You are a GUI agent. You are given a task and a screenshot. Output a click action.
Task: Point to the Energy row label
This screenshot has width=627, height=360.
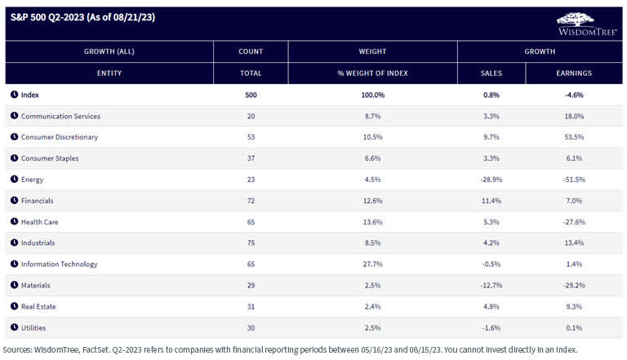(x=33, y=180)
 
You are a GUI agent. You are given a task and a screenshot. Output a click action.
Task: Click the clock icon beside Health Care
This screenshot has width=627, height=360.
(x=15, y=222)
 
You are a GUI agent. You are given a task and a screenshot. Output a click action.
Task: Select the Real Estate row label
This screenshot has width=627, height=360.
(x=39, y=307)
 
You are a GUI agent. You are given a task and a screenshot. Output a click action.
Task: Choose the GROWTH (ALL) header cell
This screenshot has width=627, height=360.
(x=109, y=51)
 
